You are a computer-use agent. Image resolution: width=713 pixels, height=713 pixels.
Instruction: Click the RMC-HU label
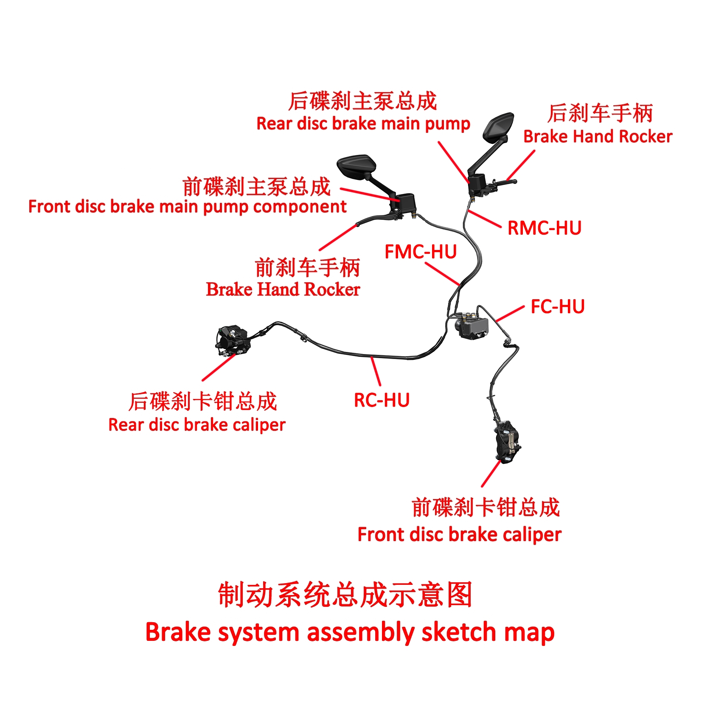[544, 228]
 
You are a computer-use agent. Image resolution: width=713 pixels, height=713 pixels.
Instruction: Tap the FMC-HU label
[420, 252]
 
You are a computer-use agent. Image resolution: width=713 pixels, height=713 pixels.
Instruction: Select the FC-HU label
[558, 306]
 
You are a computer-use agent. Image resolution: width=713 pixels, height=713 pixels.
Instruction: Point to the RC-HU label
[382, 400]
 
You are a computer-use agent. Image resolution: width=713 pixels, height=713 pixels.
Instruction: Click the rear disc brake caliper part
[232, 340]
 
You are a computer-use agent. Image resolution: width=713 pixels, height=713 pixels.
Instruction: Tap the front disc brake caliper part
[507, 441]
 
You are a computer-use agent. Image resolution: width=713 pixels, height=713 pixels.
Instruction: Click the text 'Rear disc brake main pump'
[363, 124]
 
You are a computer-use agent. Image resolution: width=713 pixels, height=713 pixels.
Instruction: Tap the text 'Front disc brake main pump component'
[187, 207]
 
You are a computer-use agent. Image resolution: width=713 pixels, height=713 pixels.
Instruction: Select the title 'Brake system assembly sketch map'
[350, 632]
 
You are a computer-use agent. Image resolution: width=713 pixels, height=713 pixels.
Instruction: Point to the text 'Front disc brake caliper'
[459, 534]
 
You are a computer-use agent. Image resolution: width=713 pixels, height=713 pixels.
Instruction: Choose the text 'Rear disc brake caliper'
[197, 425]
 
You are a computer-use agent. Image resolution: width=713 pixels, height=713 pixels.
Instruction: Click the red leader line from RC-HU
[376, 371]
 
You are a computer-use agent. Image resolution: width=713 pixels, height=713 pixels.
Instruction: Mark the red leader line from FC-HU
[510, 314]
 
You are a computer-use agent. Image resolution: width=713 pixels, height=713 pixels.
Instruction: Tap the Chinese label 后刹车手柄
[600, 113]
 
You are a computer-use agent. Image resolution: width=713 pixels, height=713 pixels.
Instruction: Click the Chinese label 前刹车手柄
[307, 267]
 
